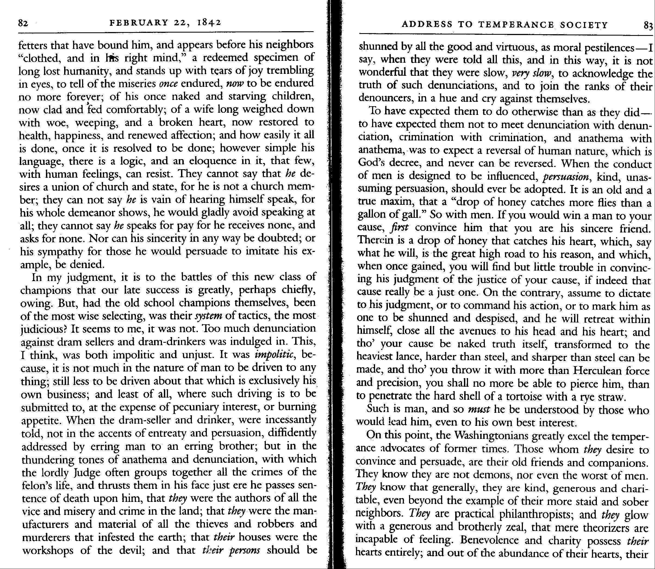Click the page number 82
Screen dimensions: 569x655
pos(23,23)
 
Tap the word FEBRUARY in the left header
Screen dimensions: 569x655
pos(139,23)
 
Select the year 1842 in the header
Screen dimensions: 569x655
pos(209,23)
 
